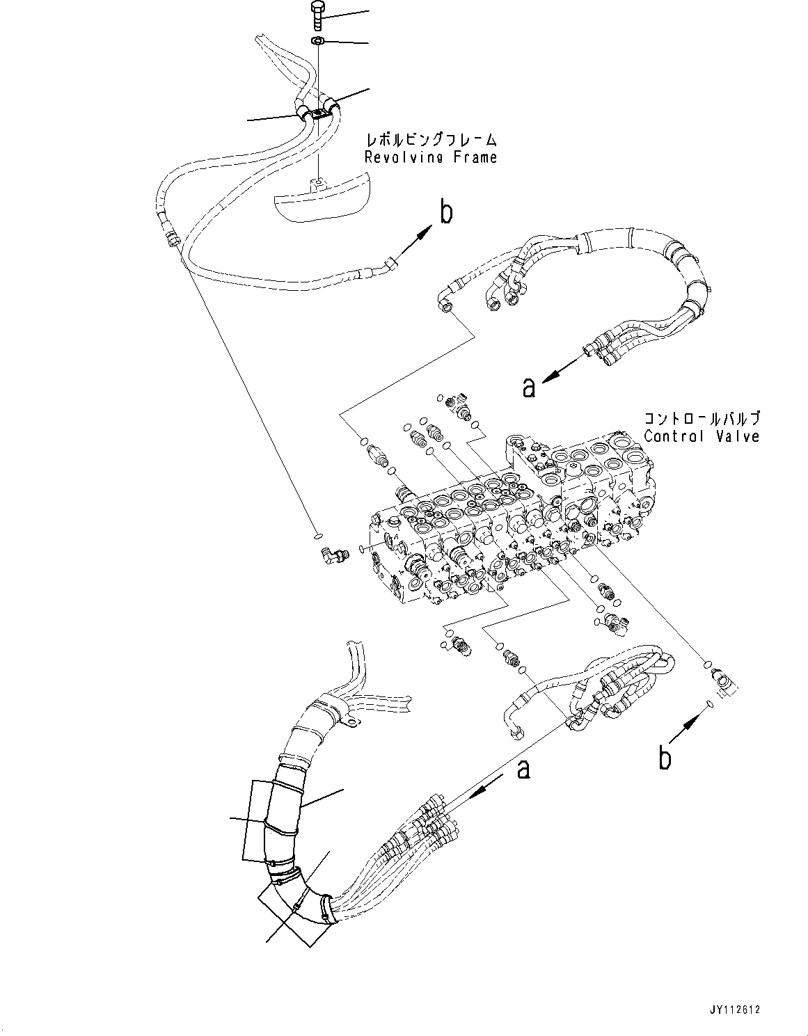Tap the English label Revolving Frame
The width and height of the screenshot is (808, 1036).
(431, 157)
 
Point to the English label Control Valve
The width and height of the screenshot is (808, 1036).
(702, 437)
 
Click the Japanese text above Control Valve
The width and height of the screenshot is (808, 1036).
(702, 419)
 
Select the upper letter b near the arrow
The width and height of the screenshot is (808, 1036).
(446, 212)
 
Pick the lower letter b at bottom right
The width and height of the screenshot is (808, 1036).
(665, 757)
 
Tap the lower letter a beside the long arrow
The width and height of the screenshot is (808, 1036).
(523, 769)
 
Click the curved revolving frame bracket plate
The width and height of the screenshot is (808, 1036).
(320, 202)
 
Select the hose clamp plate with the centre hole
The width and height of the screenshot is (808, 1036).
(317, 114)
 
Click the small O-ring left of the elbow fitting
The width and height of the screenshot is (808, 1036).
(317, 536)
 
